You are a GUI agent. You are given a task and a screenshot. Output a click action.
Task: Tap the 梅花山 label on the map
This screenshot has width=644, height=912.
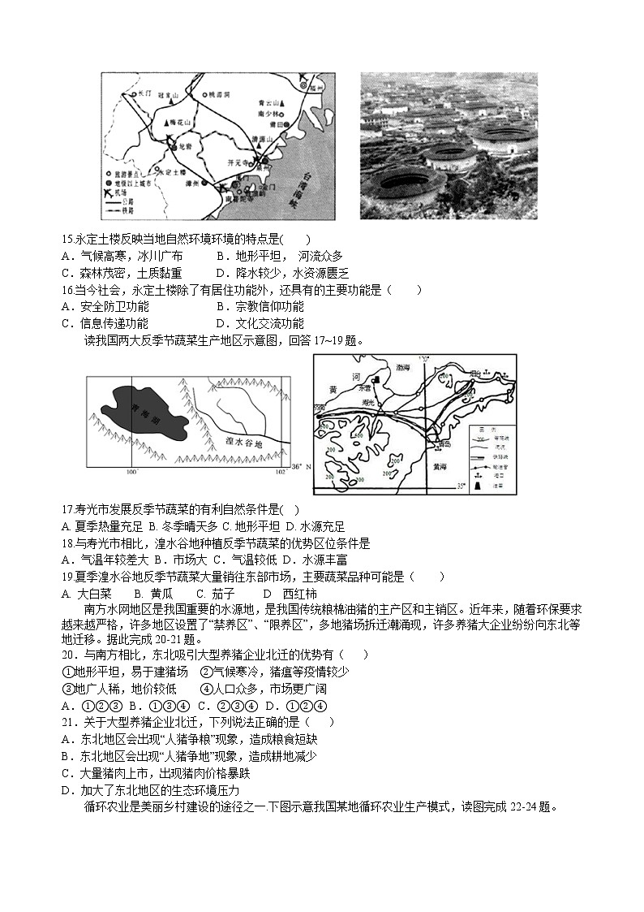point(179,122)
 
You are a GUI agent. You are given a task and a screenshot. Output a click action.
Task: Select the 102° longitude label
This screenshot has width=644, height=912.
point(279,472)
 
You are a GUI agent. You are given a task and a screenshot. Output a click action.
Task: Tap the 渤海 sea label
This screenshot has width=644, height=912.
point(402,367)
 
